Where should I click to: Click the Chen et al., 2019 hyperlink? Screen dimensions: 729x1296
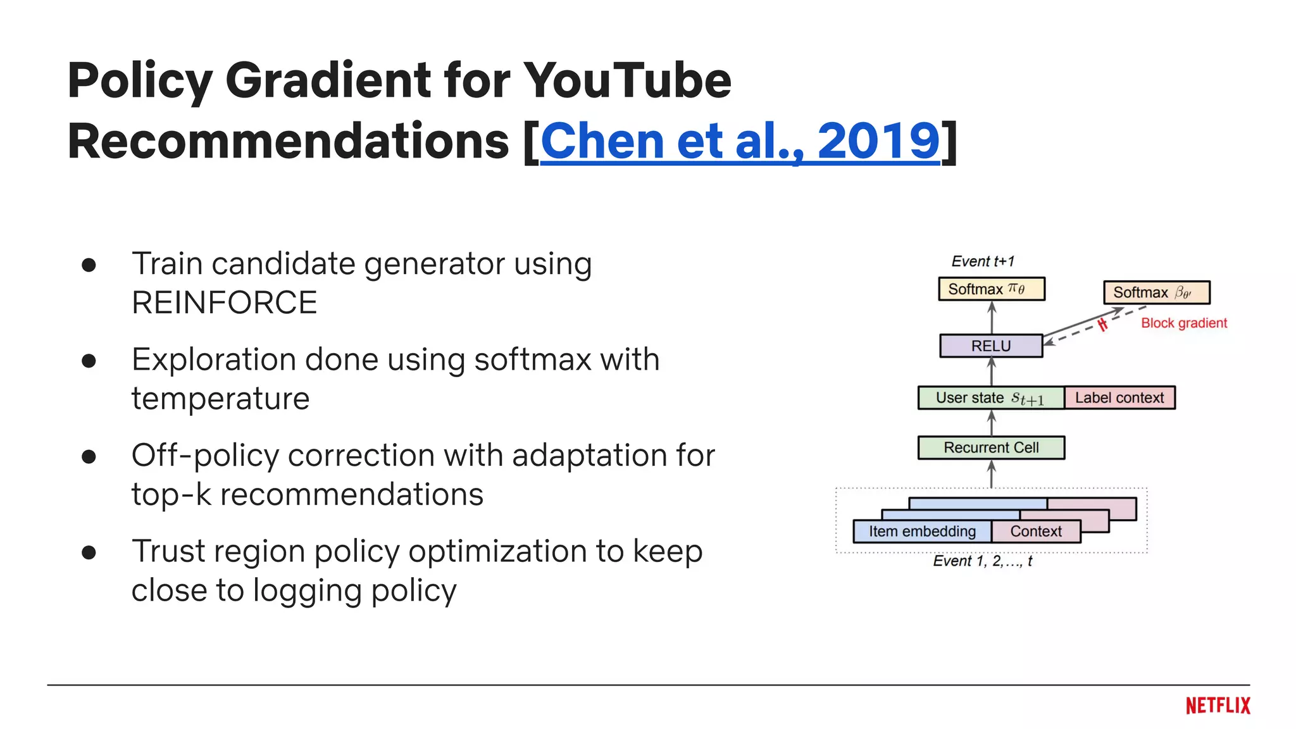coord(740,142)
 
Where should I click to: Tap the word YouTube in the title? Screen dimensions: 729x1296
coord(626,81)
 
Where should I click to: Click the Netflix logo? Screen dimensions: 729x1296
coord(1218,706)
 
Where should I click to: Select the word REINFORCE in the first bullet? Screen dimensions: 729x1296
coord(224,303)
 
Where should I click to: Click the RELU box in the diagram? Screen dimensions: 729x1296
coord(990,346)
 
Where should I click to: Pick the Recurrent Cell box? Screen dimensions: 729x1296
coord(990,447)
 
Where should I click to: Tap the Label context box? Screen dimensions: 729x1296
coord(1119,397)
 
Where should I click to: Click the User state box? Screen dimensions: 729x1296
coord(990,398)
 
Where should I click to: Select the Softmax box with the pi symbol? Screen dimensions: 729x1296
coord(990,289)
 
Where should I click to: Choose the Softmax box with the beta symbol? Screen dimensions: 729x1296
coord(1156,292)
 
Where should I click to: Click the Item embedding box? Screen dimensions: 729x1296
coord(921,532)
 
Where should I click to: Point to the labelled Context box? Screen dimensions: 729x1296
coord(1035,532)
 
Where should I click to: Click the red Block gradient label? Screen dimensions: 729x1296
coord(1183,323)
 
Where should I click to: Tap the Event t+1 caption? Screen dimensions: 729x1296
coord(982,261)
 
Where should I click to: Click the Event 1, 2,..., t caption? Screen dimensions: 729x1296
coord(982,561)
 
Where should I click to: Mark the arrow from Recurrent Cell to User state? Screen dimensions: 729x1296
coord(992,423)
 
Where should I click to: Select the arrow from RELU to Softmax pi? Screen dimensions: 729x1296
coord(992,317)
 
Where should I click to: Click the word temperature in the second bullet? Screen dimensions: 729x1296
coord(220,399)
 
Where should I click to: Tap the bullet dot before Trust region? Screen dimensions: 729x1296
coord(89,552)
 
